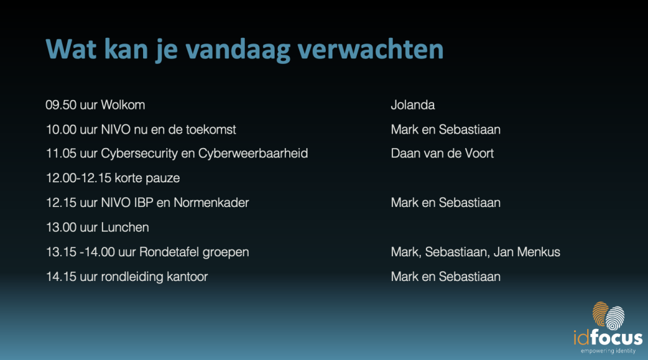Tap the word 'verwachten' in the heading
(x=371, y=49)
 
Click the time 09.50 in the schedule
(x=61, y=105)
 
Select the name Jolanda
(x=413, y=105)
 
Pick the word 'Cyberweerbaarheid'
(x=253, y=154)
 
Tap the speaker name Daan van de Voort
(x=442, y=153)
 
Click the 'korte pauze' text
(x=147, y=178)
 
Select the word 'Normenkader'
(x=211, y=202)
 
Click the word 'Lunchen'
(x=125, y=227)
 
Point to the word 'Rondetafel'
(x=169, y=252)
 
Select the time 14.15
(x=61, y=276)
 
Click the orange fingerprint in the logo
(x=600, y=314)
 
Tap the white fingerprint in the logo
(x=615, y=318)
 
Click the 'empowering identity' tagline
(x=608, y=351)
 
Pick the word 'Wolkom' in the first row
(x=123, y=105)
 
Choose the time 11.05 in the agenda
(x=61, y=154)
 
